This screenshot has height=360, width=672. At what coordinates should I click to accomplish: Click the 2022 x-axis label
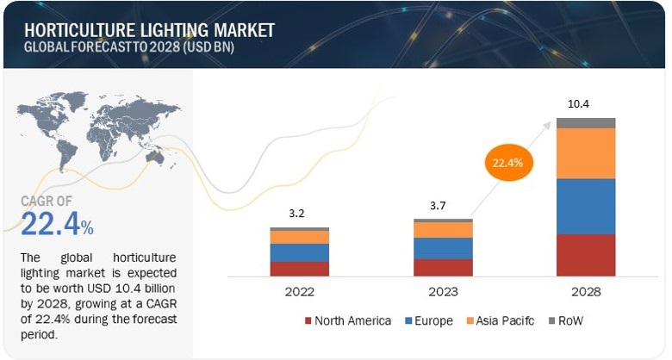coord(299,291)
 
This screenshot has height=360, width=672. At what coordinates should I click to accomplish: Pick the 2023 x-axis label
coord(443,291)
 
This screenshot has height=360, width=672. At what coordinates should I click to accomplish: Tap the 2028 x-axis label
coord(586,291)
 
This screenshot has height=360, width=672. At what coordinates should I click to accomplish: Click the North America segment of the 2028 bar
coord(586,255)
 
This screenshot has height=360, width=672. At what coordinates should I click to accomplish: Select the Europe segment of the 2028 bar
coord(586,207)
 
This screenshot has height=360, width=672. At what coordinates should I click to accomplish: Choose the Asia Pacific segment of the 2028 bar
coord(586,153)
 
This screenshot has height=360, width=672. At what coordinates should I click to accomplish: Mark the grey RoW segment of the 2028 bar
coord(586,123)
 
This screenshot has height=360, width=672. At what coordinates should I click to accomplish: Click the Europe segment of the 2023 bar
coord(443,248)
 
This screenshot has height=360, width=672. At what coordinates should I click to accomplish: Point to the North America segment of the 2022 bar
coord(299,269)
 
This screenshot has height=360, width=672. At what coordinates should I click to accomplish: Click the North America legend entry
coord(349,321)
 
